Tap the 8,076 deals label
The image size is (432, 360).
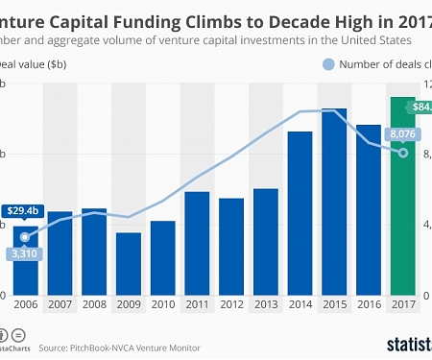[x=402, y=134]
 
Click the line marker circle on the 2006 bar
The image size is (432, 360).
[x=25, y=236]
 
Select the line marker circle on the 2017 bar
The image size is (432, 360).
[x=403, y=153]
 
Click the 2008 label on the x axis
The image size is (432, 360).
[x=94, y=304]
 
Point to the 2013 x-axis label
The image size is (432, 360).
[x=265, y=304]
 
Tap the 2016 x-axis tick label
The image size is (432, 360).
[x=369, y=304]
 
